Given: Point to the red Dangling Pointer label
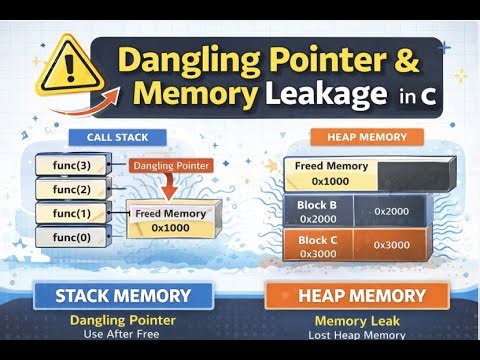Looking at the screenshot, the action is pyautogui.click(x=166, y=163).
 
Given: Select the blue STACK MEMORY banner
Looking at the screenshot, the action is pyautogui.click(x=122, y=296).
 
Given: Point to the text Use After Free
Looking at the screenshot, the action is pyautogui.click(x=122, y=334).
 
